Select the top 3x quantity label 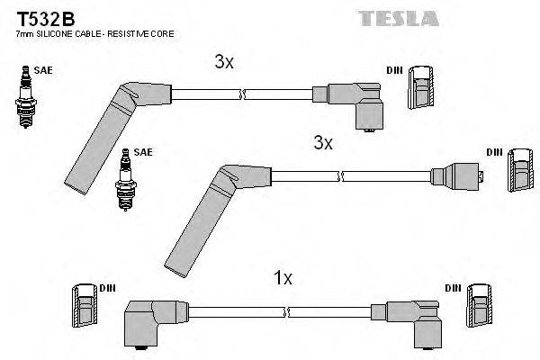pos(224,62)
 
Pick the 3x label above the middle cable pos(323,142)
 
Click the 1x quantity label pos(283,278)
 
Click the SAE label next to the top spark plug pos(42,68)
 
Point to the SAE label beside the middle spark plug pos(142,152)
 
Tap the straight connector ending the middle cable pos(458,178)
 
